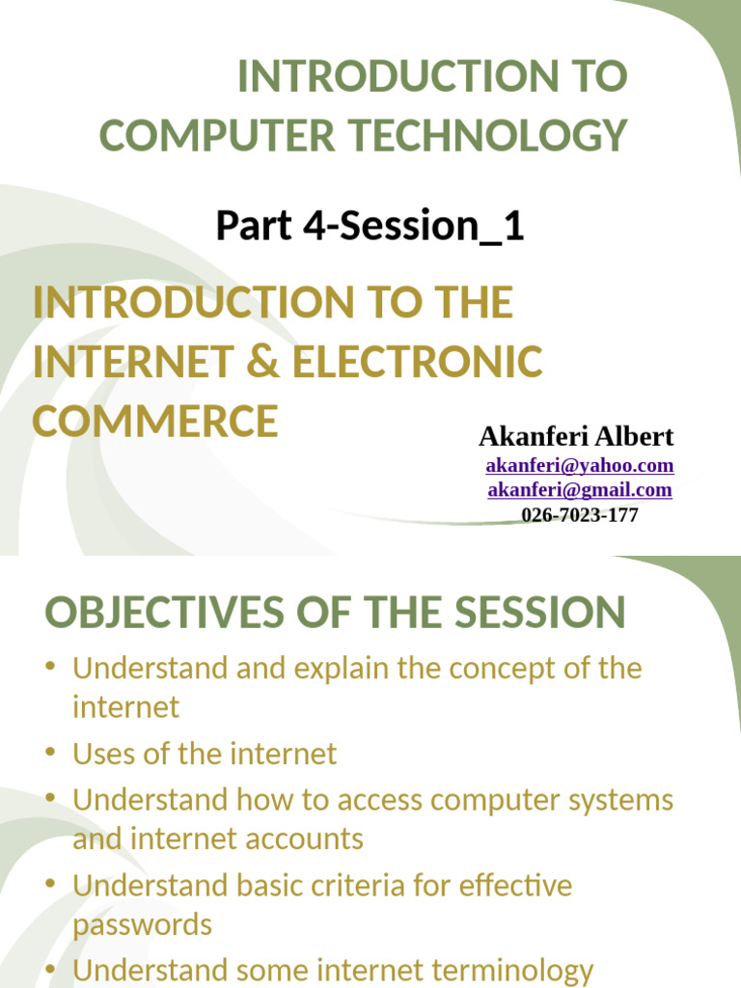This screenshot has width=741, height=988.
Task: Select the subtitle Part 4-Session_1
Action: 370,226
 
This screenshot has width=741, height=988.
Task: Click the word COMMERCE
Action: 155,421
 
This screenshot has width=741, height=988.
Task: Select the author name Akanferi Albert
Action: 576,436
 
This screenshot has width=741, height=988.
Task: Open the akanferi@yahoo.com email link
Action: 579,466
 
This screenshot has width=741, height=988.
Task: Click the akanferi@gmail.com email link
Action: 579,490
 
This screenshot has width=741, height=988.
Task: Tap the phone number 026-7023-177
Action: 579,515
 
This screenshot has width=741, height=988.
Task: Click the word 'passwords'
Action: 142,924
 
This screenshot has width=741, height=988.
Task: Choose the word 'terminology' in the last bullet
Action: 502,970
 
